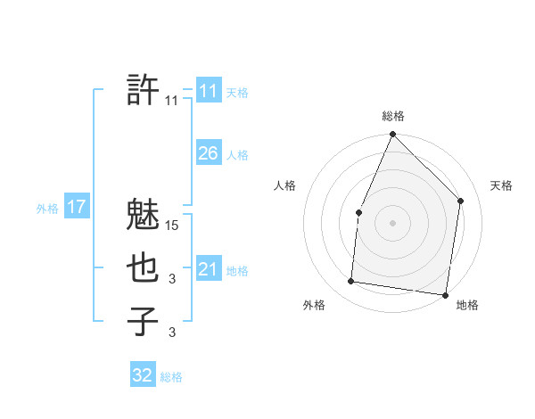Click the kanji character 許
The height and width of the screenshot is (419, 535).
[x=144, y=90]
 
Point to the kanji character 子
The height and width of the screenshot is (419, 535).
[x=144, y=322]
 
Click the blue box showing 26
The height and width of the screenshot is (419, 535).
[x=208, y=153]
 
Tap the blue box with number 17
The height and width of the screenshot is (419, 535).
[x=76, y=208]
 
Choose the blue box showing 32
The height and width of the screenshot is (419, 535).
[x=143, y=375]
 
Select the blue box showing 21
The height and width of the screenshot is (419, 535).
[x=208, y=269]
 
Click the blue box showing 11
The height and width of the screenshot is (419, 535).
[x=208, y=91]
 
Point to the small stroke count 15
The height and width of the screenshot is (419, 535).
[x=173, y=226]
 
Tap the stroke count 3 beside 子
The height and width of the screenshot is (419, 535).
[x=172, y=333]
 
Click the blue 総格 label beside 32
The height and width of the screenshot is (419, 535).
[x=171, y=377]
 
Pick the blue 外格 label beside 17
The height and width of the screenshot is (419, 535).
[x=47, y=209]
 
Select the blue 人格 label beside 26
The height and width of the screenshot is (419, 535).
[x=237, y=155]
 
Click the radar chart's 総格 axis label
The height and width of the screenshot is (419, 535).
[x=393, y=117]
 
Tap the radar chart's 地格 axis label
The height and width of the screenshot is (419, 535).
[x=467, y=305]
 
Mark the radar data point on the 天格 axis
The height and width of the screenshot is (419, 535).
[x=461, y=201]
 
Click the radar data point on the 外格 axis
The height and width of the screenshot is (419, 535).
[x=351, y=282]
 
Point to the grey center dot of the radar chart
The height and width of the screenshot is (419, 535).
[x=392, y=222]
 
